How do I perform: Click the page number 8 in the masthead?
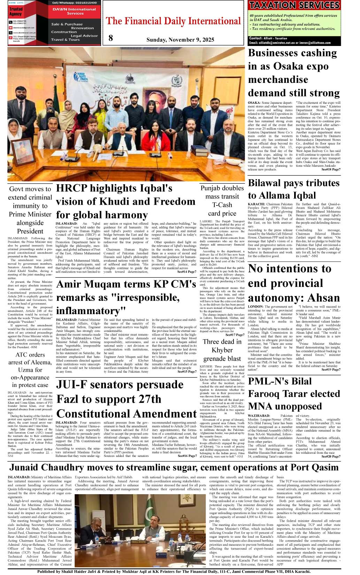[x=110, y=38]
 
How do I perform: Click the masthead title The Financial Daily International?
[x=173, y=21]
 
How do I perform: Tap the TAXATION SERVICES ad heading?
[x=294, y=5]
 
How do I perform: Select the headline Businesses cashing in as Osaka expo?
[x=293, y=66]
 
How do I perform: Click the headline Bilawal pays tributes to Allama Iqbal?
[x=293, y=189]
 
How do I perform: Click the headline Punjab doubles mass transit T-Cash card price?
[x=222, y=201]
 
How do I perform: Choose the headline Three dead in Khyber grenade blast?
[x=222, y=350]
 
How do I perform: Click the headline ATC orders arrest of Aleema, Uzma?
[x=30, y=370]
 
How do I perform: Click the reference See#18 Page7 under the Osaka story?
[x=331, y=170]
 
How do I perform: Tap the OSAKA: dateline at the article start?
[x=254, y=103]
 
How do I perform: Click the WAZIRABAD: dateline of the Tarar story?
[x=259, y=416]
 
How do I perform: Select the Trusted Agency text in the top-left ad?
[x=16, y=11]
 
